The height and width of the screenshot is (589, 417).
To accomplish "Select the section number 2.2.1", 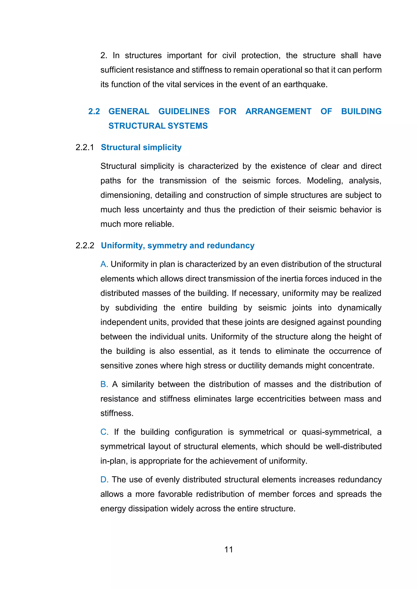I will pos(85,147).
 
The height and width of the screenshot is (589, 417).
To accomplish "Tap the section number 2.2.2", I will pos(85,245).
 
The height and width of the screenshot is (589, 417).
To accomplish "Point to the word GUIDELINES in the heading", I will pos(184,111).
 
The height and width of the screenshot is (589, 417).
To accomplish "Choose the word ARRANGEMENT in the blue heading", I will pos(278,111).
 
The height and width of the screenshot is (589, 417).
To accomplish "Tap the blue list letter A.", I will pos(104,264).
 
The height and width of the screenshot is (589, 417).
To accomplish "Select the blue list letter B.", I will pos(104,384).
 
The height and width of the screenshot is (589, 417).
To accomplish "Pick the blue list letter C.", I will pos(104,432).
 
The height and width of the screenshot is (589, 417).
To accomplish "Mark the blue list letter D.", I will pos(104,480).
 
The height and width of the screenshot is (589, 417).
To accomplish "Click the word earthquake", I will pos(305,84).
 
